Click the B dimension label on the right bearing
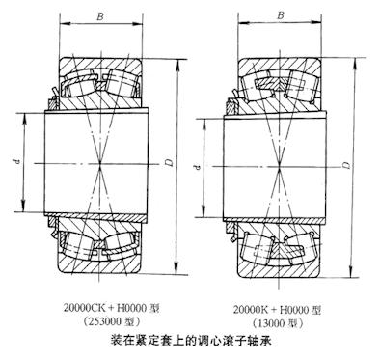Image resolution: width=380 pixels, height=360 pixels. click(x=279, y=14)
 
